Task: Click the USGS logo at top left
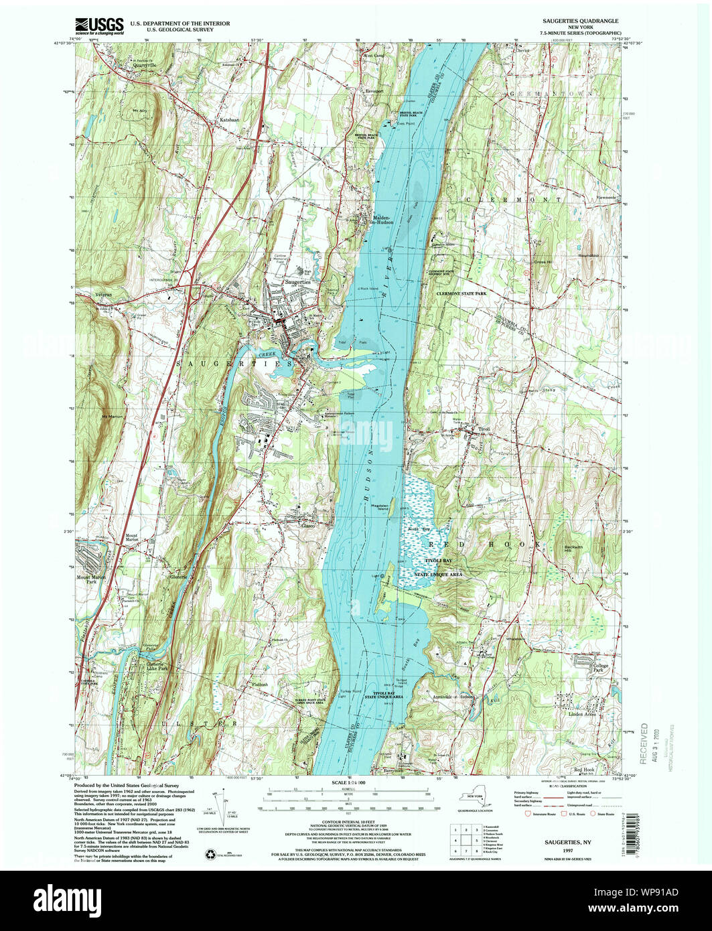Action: [98, 26]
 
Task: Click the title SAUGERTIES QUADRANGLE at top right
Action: [581, 21]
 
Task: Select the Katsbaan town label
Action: [229, 120]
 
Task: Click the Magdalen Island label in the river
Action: [379, 508]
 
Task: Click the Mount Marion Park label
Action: [92, 578]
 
